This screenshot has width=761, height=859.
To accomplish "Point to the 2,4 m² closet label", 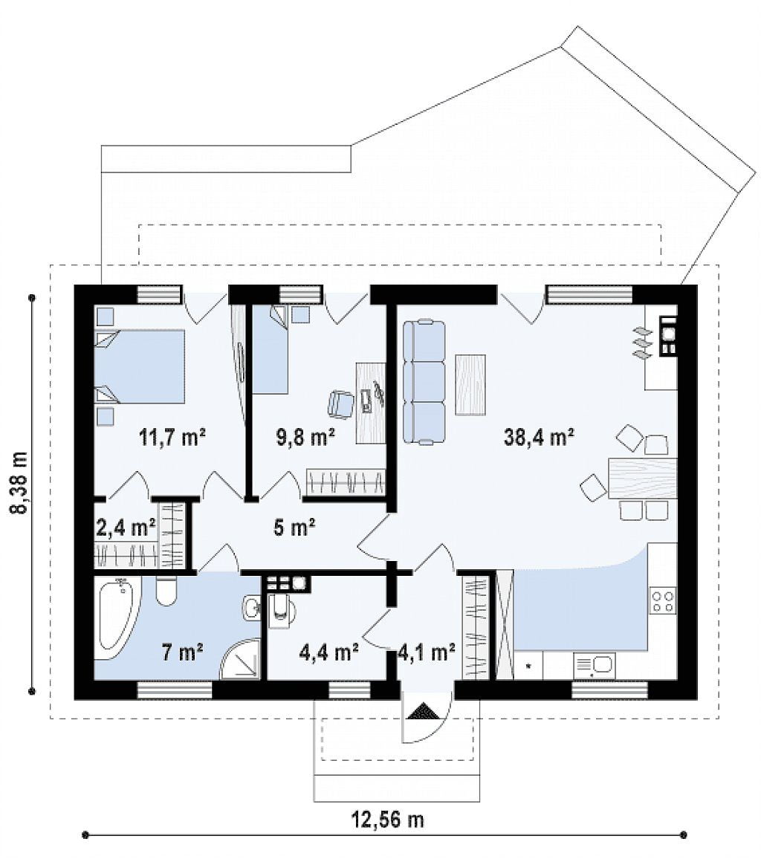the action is click(126, 528).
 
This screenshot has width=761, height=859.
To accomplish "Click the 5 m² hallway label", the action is click(294, 528).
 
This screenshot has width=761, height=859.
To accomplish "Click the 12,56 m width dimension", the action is click(386, 820).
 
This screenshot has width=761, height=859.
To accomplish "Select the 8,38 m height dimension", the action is click(20, 483).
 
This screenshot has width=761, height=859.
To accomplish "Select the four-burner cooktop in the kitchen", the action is click(662, 600).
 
